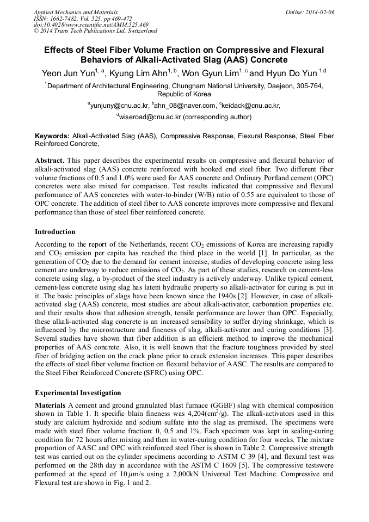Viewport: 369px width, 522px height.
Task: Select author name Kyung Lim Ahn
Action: tap(139, 73)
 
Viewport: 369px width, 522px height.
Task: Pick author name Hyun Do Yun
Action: tap(291, 73)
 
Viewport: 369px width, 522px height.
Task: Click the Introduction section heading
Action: tap(55, 232)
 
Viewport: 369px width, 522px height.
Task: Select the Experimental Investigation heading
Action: tap(78, 393)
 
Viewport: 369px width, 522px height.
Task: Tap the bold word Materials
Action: tap(51, 406)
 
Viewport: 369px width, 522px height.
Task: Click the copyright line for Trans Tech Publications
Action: tap(96, 31)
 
